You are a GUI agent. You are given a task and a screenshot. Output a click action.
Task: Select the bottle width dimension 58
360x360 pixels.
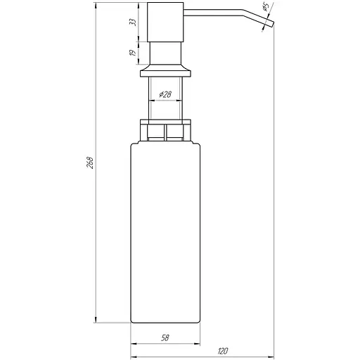coord(164,338)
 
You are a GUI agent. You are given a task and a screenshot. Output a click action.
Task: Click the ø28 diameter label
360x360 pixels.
coord(166,94)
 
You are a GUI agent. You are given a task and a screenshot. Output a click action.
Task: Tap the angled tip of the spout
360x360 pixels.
coord(268,25)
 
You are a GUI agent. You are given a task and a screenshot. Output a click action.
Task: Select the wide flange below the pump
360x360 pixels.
coord(167,71)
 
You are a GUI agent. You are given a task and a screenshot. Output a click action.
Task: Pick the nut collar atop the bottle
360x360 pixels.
coord(167,131)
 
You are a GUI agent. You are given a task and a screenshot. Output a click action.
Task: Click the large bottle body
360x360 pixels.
coord(167,232)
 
